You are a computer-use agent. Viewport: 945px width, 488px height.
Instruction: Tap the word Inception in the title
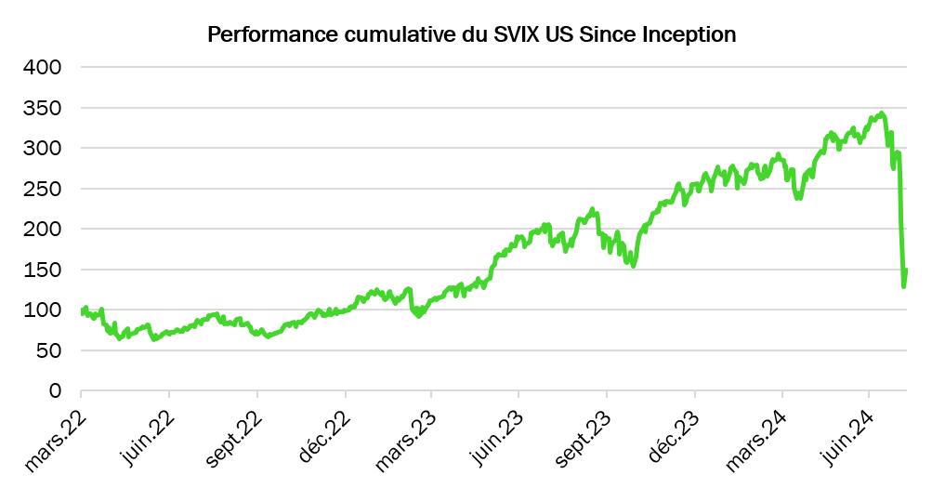point(690,35)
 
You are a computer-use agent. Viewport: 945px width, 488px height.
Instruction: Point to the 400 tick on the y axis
point(42,68)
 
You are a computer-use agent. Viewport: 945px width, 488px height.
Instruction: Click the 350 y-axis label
point(42,108)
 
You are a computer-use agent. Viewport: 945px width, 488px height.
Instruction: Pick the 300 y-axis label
point(42,149)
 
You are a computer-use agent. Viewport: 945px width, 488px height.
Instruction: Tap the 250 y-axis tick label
point(42,189)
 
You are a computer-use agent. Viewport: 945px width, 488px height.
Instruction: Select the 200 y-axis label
point(42,230)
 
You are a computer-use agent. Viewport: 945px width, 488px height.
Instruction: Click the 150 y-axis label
point(42,270)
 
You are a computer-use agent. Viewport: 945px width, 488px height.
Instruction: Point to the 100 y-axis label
point(42,310)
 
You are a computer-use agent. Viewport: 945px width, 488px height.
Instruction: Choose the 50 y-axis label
point(48,350)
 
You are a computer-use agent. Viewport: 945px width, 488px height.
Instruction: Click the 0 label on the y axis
point(55,391)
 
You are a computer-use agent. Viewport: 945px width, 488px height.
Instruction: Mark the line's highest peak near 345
point(881,113)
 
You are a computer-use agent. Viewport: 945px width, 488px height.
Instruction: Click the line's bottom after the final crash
point(903,285)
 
